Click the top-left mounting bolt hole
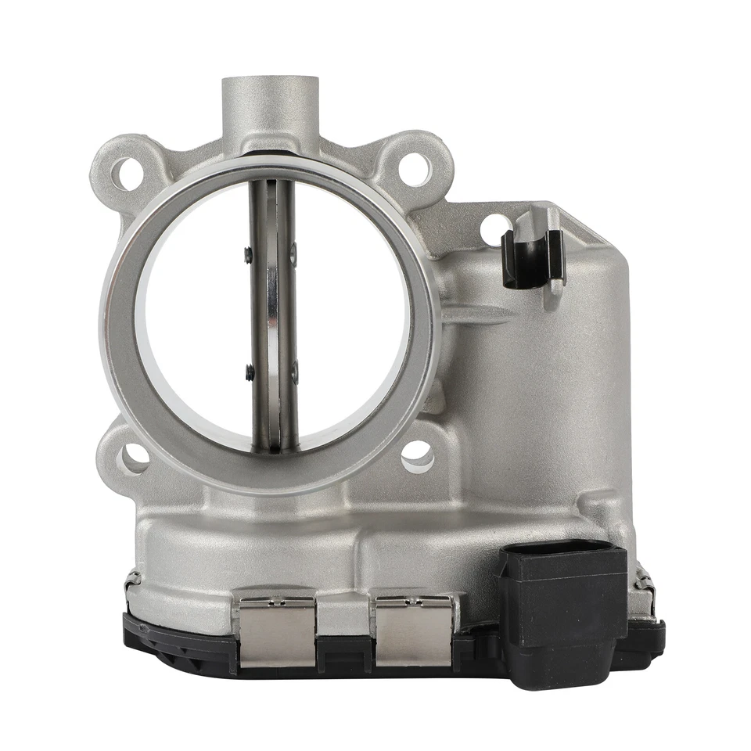point(125,171)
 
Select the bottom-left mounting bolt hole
point(134,456)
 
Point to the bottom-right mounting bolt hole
point(417,455)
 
